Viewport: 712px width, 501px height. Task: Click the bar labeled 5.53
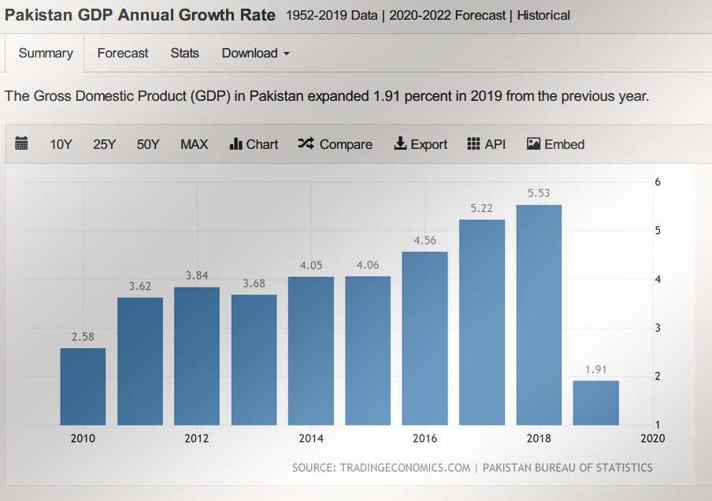[539, 315]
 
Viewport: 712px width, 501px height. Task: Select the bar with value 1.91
[595, 403]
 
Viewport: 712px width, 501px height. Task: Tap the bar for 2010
[83, 386]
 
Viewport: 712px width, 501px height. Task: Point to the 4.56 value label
[425, 241]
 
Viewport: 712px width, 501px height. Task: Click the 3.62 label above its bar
[139, 287]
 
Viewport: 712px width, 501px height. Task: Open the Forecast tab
[123, 54]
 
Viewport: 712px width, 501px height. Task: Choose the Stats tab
[185, 54]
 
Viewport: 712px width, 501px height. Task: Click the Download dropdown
[255, 54]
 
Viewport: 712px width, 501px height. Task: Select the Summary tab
[46, 54]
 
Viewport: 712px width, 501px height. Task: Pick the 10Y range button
[61, 144]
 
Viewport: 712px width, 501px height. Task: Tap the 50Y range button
[148, 144]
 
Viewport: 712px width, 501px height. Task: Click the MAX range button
[194, 144]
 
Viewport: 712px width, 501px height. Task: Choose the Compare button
[336, 144]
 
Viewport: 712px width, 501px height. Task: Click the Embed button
[556, 144]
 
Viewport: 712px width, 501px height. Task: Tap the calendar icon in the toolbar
[21, 143]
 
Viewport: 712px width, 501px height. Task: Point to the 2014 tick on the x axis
[311, 439]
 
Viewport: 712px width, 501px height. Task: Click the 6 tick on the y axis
[658, 182]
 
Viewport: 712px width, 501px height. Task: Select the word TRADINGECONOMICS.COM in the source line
[405, 468]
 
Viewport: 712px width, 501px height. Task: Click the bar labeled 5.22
[482, 322]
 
